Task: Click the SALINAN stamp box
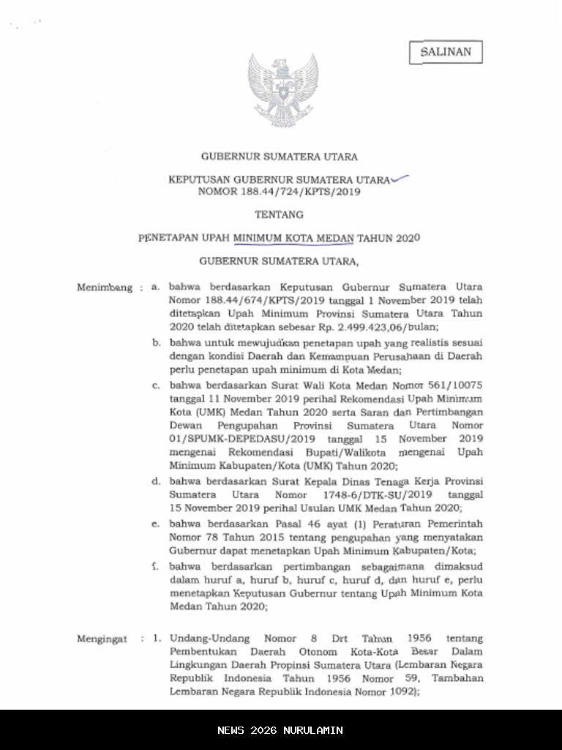445,52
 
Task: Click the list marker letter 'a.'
154,287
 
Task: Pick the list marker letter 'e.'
155,524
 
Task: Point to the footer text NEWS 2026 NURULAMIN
280,730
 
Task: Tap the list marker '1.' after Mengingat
156,639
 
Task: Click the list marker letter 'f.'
155,566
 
